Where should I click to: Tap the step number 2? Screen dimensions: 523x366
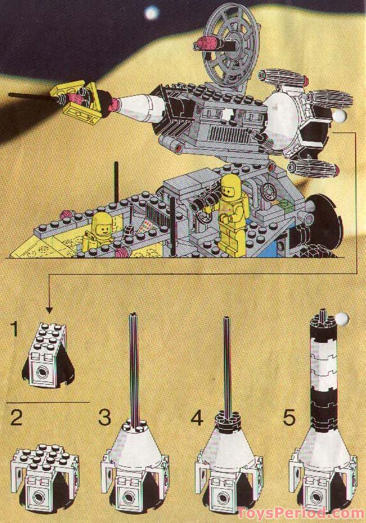click(17, 419)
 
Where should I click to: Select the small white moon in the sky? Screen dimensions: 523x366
click(152, 12)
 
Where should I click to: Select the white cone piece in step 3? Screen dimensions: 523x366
click(136, 450)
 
